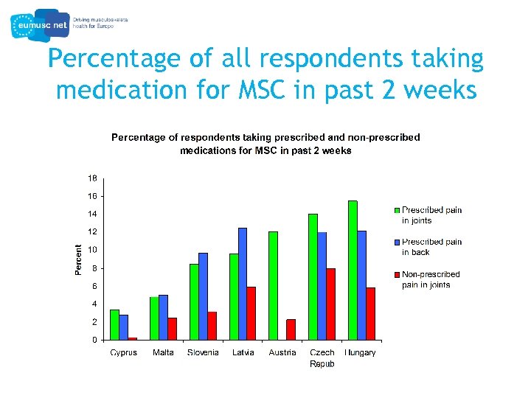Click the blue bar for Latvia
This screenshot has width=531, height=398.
coord(243,284)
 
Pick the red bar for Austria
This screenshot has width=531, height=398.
coord(291,329)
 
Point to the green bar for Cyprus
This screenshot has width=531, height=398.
coord(114,325)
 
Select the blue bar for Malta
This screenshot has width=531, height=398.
coord(163,318)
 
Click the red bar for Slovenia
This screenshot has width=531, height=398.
coord(212,326)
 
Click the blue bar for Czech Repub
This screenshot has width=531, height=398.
coord(322,286)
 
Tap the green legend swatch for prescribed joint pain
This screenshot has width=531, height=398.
coord(396,210)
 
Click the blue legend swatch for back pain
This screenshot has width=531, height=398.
coord(396,242)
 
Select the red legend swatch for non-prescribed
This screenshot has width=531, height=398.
coord(396,274)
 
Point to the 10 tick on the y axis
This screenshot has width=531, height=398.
coord(93,250)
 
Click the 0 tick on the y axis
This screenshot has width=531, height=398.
coord(94,341)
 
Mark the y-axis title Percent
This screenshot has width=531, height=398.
coord(78,259)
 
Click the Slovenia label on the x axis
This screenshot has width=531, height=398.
coord(203,353)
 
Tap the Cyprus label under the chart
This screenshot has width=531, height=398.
coord(123,353)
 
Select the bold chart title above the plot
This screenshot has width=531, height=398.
coord(265,144)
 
